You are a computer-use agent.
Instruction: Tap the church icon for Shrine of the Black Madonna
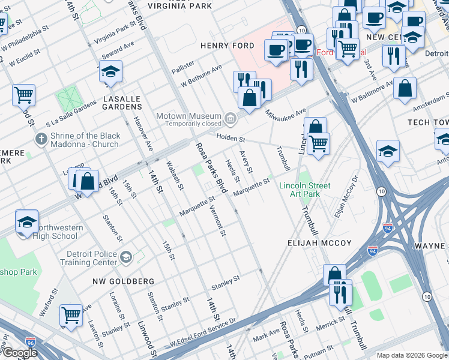(x=41, y=140)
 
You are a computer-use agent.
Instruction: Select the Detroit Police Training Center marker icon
(x=125, y=257)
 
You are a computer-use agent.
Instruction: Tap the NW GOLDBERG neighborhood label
(x=123, y=281)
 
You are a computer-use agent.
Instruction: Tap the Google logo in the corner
(x=19, y=353)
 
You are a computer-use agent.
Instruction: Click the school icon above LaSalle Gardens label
(x=110, y=72)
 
